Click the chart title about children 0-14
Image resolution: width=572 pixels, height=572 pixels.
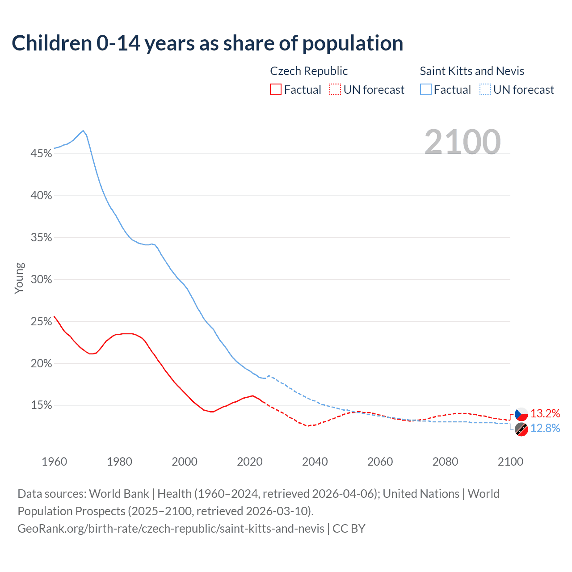[x=207, y=43]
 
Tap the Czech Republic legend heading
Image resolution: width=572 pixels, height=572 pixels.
[x=309, y=71]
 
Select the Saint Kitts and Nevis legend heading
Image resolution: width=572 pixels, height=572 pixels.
[x=472, y=71]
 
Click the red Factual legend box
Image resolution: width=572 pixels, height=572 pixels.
[x=276, y=90]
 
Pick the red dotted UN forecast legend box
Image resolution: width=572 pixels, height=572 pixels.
[x=335, y=90]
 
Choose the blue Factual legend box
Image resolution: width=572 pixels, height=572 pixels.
[x=426, y=90]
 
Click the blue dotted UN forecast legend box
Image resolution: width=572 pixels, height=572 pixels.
[x=485, y=90]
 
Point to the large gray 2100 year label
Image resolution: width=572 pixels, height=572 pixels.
[x=463, y=142]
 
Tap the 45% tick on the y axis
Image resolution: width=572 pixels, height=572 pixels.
[x=41, y=154]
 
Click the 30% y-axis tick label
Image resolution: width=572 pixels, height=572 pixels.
[x=41, y=280]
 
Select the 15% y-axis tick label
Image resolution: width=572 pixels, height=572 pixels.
[x=41, y=405]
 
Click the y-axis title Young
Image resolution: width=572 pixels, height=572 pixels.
[x=19, y=278]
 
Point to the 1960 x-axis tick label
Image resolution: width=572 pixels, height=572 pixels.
[x=54, y=462]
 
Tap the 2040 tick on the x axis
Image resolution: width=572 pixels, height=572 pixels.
[x=315, y=462]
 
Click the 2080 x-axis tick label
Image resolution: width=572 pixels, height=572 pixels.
[x=445, y=462]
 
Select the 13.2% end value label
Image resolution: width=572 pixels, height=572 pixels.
[x=545, y=413]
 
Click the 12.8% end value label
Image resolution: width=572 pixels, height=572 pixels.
[x=545, y=428]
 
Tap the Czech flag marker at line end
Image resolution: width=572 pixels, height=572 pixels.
[x=521, y=414]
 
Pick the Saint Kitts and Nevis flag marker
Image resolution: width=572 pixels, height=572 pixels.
[x=521, y=429]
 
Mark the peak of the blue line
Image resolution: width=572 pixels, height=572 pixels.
[x=83, y=131]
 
